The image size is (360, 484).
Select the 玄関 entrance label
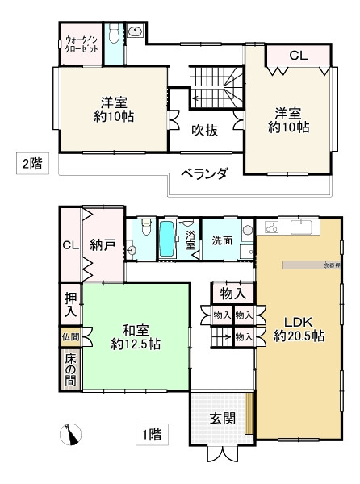click(222, 419)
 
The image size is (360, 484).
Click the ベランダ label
click(203, 173)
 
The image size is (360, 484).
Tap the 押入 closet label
click(70, 302)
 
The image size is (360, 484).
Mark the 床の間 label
click(69, 367)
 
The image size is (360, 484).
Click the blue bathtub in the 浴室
click(167, 240)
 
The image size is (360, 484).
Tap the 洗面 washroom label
click(222, 240)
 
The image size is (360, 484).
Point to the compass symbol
click(73, 436)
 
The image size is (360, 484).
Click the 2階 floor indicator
click(32, 164)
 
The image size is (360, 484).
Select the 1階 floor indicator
click(152, 436)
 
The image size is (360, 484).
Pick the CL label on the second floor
click(298, 56)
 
